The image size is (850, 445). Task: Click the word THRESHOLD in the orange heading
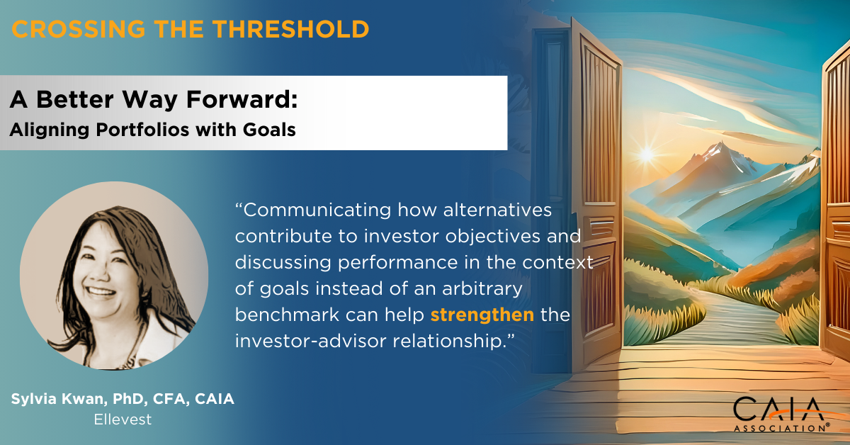pyautogui.click(x=290, y=29)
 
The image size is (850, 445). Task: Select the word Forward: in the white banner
pyautogui.click(x=242, y=99)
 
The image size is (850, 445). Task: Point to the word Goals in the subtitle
pyautogui.click(x=269, y=130)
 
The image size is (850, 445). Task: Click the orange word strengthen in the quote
pyautogui.click(x=482, y=315)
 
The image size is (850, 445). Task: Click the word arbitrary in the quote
pyautogui.click(x=482, y=289)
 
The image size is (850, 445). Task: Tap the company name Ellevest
pyautogui.click(x=123, y=419)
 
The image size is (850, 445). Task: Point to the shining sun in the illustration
pyautogui.click(x=646, y=154)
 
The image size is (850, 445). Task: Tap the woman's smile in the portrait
pyautogui.click(x=101, y=292)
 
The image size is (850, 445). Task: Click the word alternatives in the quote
pyautogui.click(x=497, y=210)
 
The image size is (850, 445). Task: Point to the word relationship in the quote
pyautogui.click(x=453, y=341)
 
